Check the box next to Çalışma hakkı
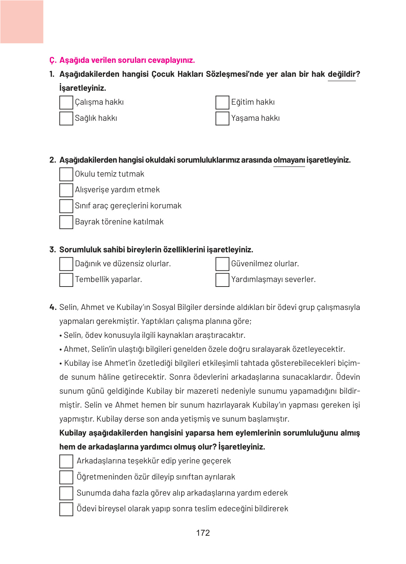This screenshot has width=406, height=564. point(66,103)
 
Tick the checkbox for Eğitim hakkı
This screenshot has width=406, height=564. point(222,103)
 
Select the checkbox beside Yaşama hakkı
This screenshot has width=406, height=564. point(222,118)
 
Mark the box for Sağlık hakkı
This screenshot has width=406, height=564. point(66,118)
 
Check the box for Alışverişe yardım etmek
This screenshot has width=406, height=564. point(66,190)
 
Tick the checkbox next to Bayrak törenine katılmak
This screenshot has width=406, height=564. point(66,222)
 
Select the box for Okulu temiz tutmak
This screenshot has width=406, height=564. point(66,174)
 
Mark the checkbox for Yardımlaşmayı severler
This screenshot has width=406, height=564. point(222,280)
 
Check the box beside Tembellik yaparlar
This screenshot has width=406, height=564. point(66,280)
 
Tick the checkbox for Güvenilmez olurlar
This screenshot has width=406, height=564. point(222,264)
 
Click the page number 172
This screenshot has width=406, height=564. point(203,533)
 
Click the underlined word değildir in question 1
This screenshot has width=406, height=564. point(341,74)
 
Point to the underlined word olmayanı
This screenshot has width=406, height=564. point(289,160)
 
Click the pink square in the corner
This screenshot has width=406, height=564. point(22,22)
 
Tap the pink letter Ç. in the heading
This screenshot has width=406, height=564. point(53,60)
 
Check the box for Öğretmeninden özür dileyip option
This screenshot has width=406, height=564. point(66,477)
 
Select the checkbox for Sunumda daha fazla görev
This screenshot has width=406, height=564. point(66,493)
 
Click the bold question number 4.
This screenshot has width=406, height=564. point(53,307)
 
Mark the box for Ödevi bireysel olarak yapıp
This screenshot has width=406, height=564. point(66,509)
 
